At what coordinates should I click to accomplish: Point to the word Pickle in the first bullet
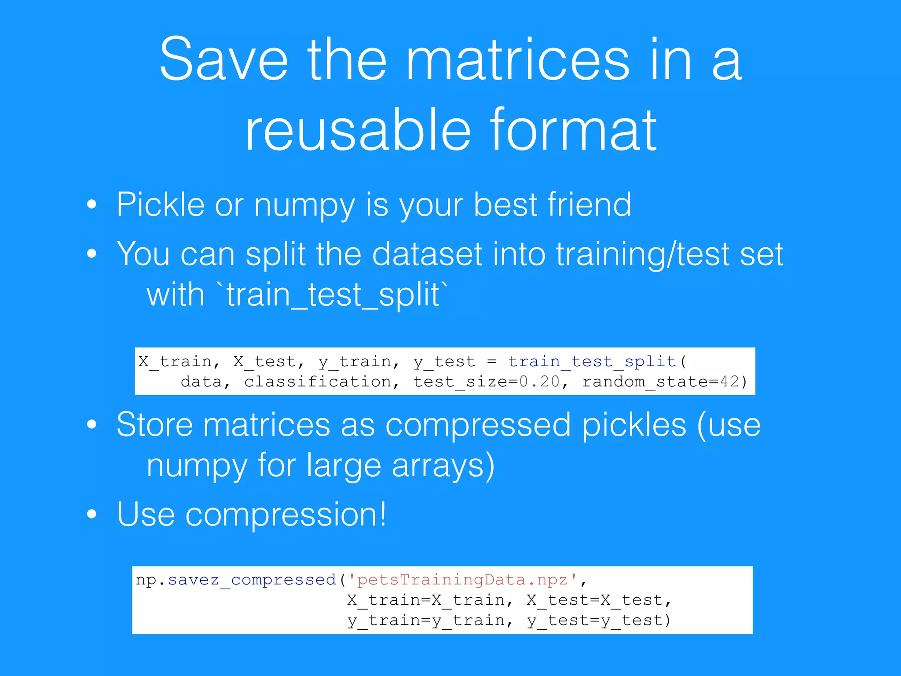[x=160, y=205]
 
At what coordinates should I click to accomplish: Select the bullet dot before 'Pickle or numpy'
[x=92, y=205]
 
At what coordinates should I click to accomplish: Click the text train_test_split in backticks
[x=333, y=295]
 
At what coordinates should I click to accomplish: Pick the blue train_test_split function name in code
[x=592, y=361]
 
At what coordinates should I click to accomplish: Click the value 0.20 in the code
[x=539, y=382]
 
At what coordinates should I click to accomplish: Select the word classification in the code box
[x=318, y=382]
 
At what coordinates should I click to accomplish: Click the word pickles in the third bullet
[x=634, y=425]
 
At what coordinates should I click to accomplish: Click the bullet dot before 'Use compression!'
[x=92, y=514]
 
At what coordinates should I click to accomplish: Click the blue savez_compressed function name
[x=252, y=580]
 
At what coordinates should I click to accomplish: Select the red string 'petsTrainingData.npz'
[x=462, y=580]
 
